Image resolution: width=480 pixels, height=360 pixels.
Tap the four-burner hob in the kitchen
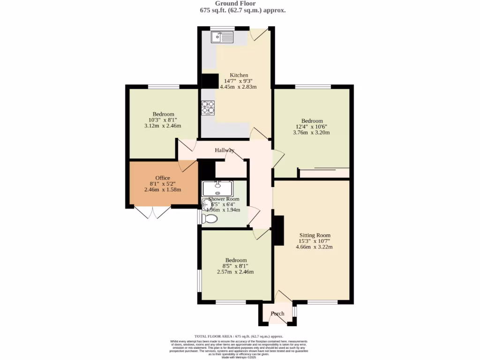tap(208, 107)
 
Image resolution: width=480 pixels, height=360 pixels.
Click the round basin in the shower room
tap(206, 204)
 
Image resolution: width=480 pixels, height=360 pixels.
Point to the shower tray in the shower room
tap(217, 188)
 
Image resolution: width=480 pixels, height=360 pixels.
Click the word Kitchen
tap(239, 75)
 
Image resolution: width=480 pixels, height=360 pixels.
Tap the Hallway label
tap(225, 150)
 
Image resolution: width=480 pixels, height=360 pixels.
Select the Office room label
tap(163, 178)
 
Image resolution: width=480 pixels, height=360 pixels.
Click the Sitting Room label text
tap(315, 235)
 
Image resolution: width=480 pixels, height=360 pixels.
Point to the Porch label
tap(277, 314)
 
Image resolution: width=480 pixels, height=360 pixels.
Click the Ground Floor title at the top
tap(242, 3)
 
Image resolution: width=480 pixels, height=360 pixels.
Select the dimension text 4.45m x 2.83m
tap(239, 87)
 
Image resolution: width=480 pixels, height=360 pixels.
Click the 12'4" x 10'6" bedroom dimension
tap(312, 127)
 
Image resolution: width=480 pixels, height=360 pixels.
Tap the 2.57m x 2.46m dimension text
tap(235, 272)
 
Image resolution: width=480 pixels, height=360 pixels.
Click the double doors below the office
tap(152, 212)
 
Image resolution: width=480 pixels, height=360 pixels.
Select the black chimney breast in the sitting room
tap(278, 230)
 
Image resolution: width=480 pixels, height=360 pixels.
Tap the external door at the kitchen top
tap(258, 34)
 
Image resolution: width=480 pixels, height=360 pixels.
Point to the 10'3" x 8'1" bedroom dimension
tap(163, 120)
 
